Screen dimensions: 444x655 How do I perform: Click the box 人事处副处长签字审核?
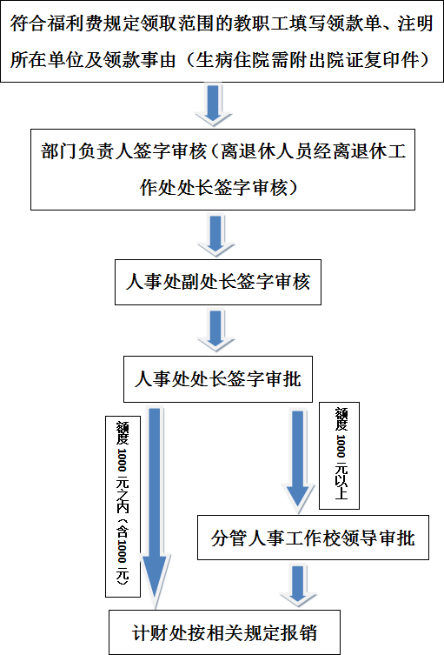coord(218,282)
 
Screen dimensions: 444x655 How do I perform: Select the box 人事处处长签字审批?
coord(218,379)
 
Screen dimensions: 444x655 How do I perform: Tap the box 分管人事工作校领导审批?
coord(313,538)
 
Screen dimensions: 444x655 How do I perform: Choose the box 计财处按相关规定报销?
coord(224,632)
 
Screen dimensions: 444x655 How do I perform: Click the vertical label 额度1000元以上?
coord(339,456)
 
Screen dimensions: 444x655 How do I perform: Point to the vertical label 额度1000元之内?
coord(123,506)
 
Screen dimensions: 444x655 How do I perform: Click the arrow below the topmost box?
coord(213,105)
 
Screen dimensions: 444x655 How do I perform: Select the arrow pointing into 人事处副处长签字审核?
coord(215,236)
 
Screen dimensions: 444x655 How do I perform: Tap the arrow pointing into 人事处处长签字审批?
coord(215,331)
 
